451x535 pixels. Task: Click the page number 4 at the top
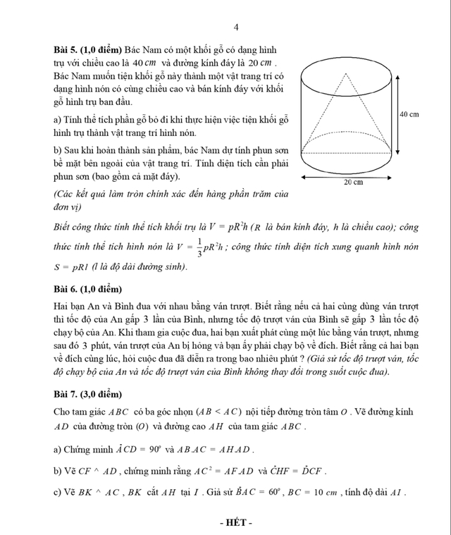click(236, 27)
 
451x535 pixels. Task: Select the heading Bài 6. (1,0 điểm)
click(87, 290)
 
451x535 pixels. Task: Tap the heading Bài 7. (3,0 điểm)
click(87, 393)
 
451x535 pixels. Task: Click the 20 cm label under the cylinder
click(353, 182)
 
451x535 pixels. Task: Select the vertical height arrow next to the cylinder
click(398, 114)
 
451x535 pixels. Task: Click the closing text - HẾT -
click(236, 522)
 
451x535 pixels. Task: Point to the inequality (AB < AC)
click(220, 412)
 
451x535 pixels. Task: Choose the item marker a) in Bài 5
click(57, 120)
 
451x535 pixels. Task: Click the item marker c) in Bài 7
click(57, 491)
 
